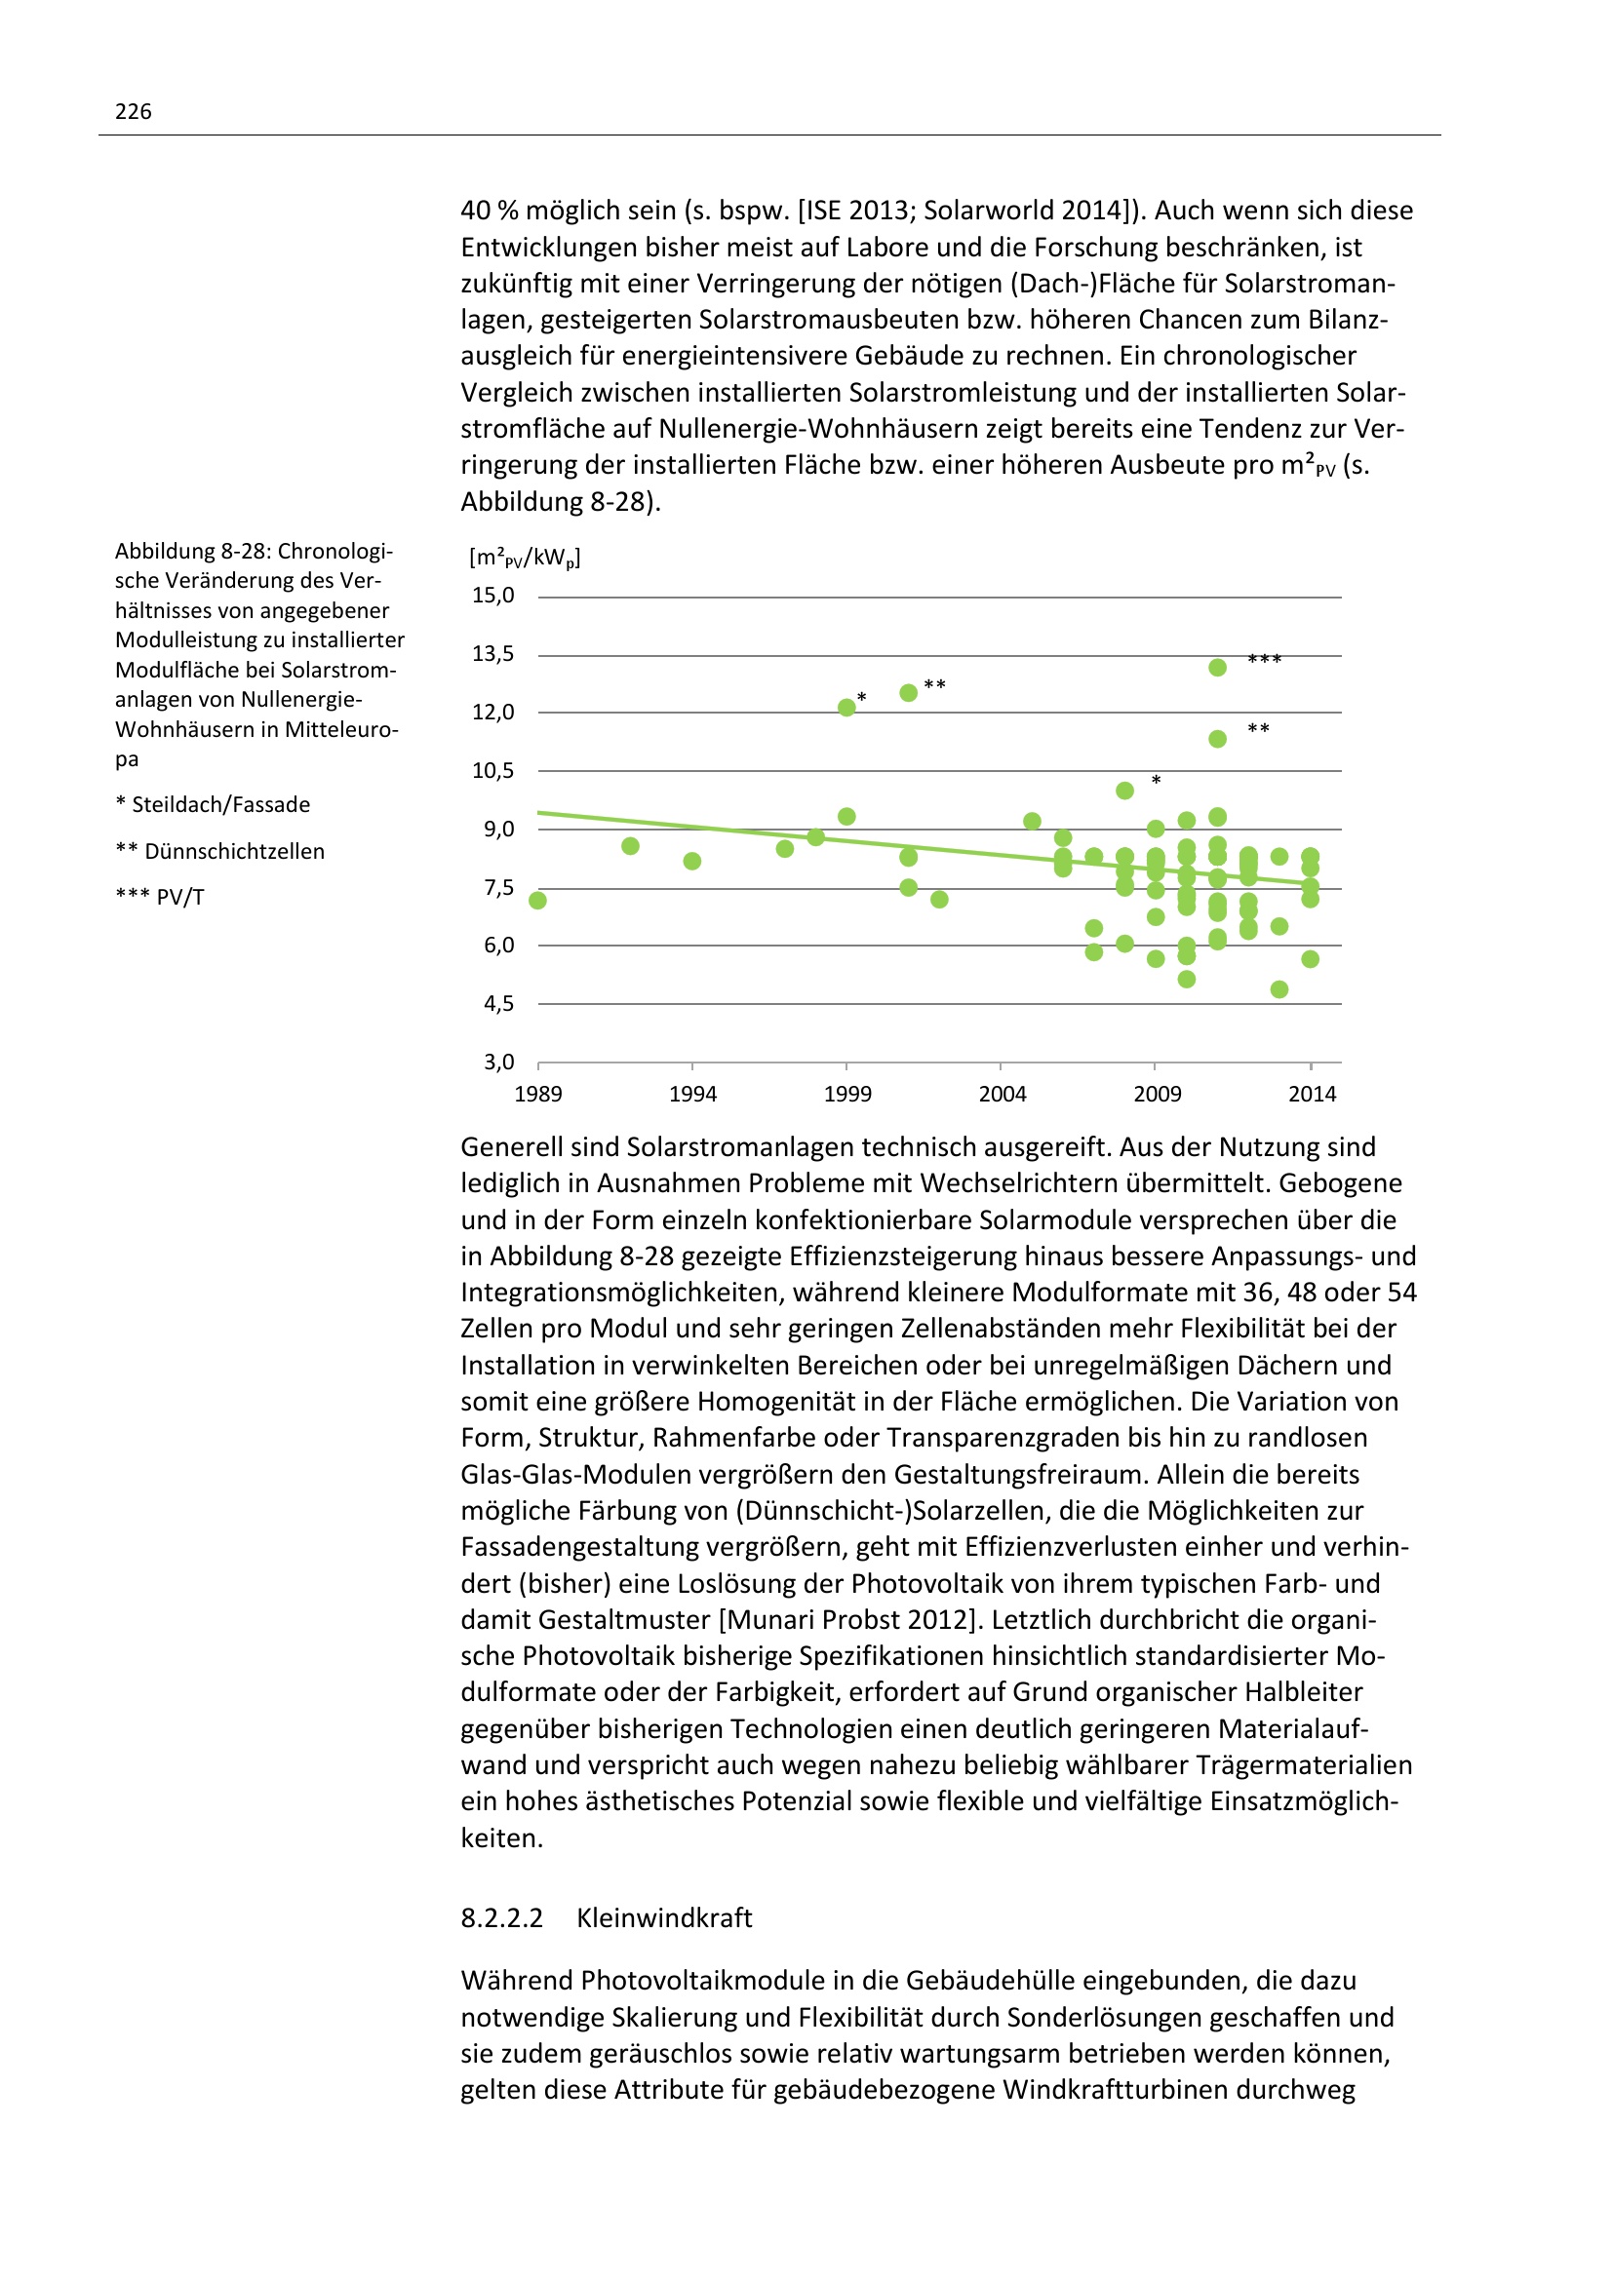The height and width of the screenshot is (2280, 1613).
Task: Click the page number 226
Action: click(133, 111)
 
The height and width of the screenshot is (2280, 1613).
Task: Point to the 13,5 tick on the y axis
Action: click(492, 653)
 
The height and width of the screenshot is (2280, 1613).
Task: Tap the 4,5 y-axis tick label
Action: click(498, 1004)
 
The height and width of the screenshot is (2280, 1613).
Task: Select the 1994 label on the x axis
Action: click(692, 1095)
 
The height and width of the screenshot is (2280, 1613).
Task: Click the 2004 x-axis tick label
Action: click(1003, 1095)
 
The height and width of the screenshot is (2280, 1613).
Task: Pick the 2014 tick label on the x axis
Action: click(1312, 1095)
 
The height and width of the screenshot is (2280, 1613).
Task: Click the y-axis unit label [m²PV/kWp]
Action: click(525, 559)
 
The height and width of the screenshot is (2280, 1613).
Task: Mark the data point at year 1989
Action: click(538, 901)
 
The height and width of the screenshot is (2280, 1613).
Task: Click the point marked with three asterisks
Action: click(1218, 668)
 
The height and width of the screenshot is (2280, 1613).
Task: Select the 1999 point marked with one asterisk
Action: click(846, 708)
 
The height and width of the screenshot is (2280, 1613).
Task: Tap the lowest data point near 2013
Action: click(1279, 990)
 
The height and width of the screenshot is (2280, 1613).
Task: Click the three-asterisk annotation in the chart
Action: click(1265, 659)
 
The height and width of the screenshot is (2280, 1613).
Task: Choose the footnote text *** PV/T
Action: click(160, 898)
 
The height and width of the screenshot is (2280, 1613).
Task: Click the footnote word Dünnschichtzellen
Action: click(234, 852)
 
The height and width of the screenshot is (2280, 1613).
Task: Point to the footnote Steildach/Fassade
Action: click(220, 805)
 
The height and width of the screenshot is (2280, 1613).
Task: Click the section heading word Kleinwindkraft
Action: click(663, 1917)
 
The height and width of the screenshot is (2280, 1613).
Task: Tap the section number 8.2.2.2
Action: click(501, 1917)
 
